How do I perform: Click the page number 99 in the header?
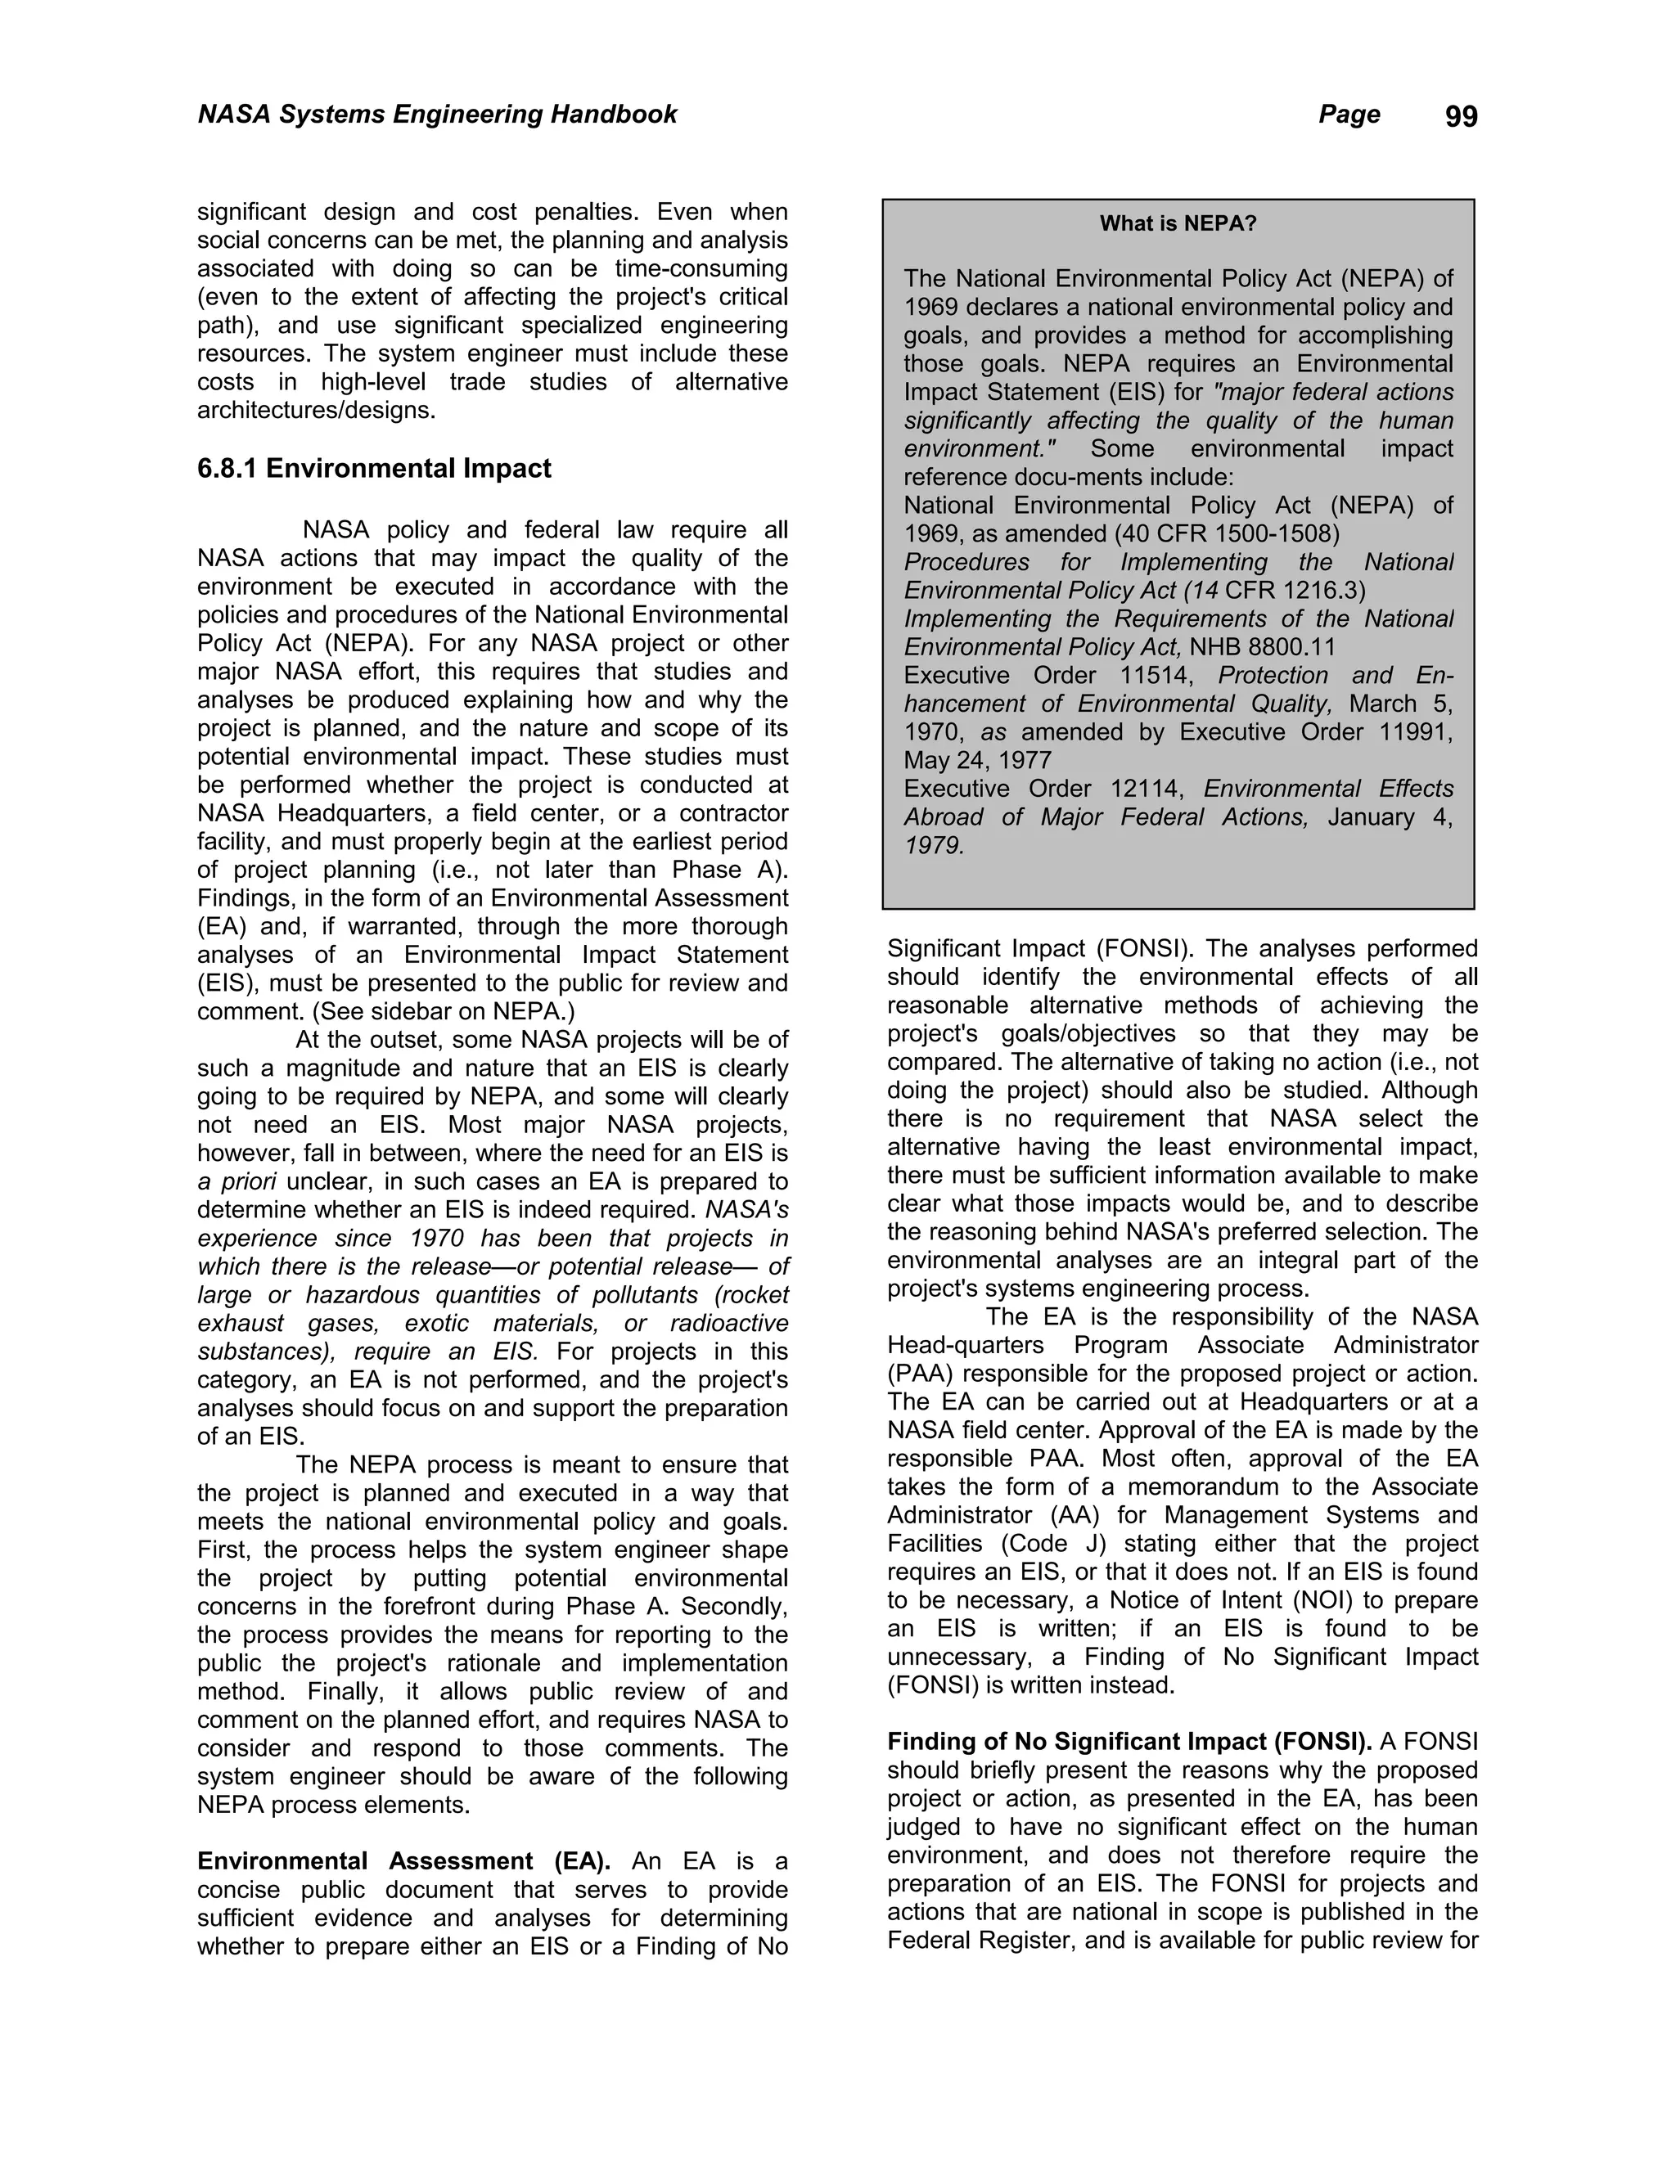[x=1461, y=117]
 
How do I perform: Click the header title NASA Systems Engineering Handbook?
[x=437, y=115]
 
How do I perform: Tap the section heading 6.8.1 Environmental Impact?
[x=373, y=469]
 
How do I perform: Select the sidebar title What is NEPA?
[x=1178, y=223]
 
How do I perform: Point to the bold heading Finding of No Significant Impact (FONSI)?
[x=1129, y=1741]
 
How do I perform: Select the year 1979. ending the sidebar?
[x=933, y=846]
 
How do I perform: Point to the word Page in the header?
[x=1349, y=115]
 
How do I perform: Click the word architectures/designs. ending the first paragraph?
[x=316, y=410]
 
